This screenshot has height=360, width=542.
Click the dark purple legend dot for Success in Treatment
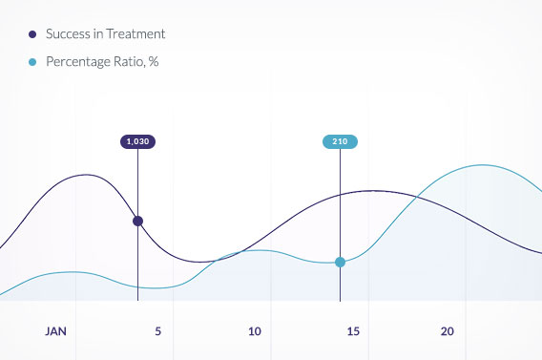[33, 34]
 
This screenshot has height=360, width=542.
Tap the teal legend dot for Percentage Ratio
[33, 63]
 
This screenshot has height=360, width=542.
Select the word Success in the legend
[68, 34]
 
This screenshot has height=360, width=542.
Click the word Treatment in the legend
[135, 34]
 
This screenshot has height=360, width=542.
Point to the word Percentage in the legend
[80, 63]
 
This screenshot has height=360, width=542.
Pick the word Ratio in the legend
[131, 63]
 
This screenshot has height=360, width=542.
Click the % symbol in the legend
[154, 63]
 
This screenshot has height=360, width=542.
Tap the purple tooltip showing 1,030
[137, 141]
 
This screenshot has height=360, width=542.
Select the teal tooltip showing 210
[340, 141]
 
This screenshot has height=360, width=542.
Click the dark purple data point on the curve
[137, 221]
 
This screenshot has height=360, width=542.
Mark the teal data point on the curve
[340, 262]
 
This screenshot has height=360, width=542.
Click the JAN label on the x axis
[56, 331]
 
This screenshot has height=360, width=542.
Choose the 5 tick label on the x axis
[157, 331]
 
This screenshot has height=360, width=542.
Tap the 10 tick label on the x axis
[254, 331]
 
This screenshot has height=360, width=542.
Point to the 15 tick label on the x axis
[353, 331]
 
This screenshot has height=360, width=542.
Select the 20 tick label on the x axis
[448, 331]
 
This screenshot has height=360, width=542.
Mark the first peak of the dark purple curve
[88, 175]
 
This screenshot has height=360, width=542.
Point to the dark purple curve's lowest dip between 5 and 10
[202, 262]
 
